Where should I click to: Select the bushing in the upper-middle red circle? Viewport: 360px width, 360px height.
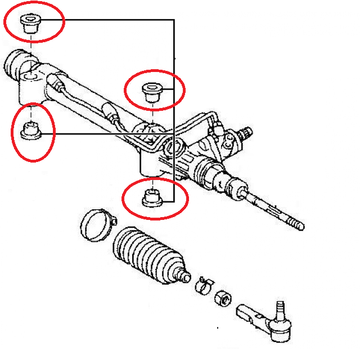click(150, 91)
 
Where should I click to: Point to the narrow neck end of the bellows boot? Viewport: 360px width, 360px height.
click(181, 276)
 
